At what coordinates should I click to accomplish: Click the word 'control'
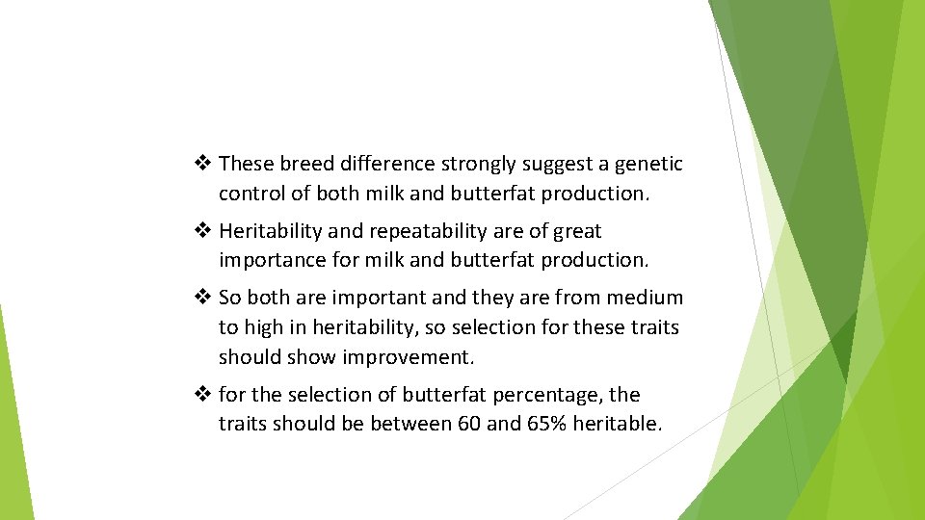251,194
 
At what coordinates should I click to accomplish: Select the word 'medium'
645,299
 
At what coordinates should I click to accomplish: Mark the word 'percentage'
554,395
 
